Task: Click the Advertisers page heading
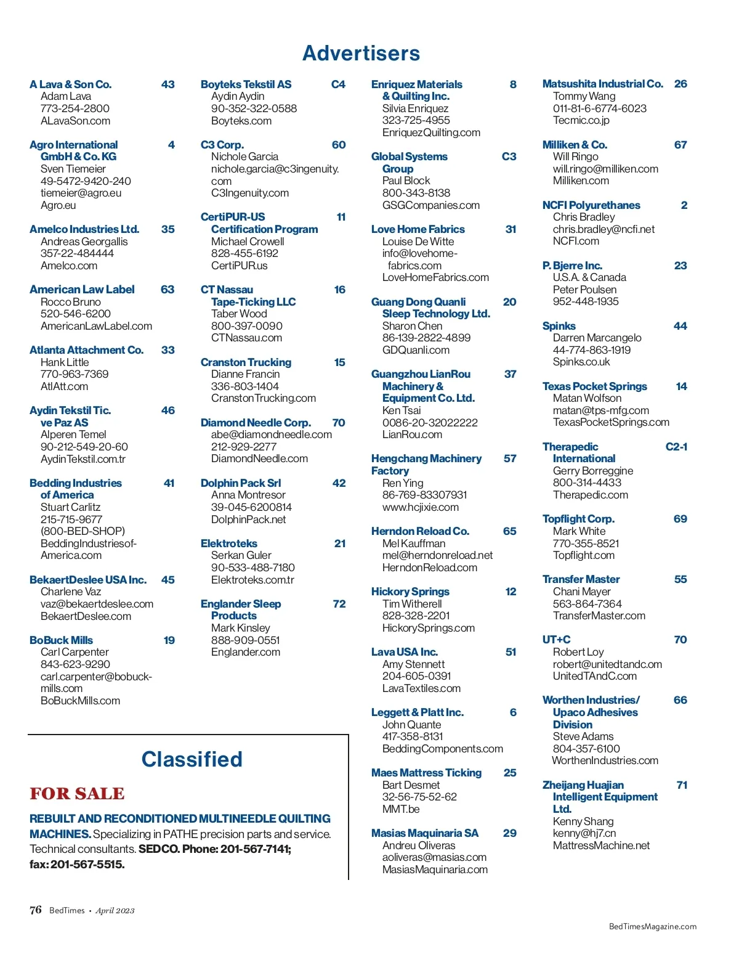point(361,54)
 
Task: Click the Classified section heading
point(192,759)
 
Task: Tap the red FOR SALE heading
point(77,793)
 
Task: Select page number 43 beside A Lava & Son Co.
point(168,84)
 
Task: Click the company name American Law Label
point(82,290)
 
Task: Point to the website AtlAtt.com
point(64,386)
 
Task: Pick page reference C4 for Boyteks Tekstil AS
point(338,84)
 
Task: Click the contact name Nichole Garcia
point(244,157)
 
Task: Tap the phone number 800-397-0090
point(246,326)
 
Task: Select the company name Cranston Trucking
point(246,362)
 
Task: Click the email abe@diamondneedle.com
point(271,434)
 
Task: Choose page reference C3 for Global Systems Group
point(509,157)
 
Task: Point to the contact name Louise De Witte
point(418,242)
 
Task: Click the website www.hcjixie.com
point(420,507)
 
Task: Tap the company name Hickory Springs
point(410,592)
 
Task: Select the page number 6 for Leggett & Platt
point(513,712)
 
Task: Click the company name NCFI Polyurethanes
point(591,205)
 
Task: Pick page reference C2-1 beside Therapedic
point(676,447)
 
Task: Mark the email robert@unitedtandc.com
point(607,664)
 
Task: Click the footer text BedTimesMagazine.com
point(652,926)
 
